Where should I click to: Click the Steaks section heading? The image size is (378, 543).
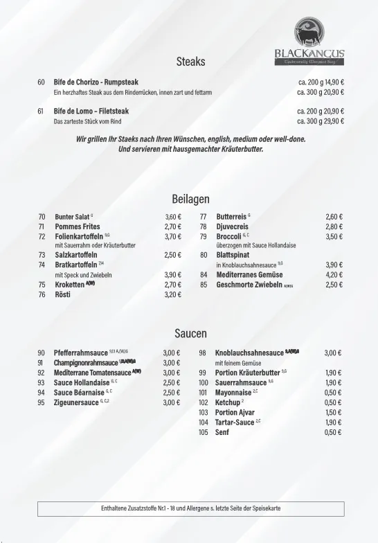[x=190, y=62]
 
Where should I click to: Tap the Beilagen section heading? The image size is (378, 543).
[x=190, y=199]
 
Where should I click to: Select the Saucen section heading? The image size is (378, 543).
[x=190, y=334]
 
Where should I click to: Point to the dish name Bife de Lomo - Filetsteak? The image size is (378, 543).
[x=91, y=111]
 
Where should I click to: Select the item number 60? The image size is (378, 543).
[x=41, y=82]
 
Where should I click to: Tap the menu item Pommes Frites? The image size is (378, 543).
[x=77, y=226]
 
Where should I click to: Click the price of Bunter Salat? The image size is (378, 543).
[x=173, y=216]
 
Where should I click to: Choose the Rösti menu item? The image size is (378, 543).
[x=62, y=294]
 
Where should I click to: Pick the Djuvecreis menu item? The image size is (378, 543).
[x=232, y=226]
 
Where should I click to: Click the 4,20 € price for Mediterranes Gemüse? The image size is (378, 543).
[x=334, y=274]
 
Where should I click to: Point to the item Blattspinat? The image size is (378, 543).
[x=233, y=255]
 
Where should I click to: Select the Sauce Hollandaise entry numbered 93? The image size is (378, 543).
[x=82, y=382]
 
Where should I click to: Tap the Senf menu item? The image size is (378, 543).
[x=222, y=432]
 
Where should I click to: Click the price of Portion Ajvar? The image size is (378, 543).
[x=333, y=412]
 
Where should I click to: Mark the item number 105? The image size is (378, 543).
[x=203, y=432]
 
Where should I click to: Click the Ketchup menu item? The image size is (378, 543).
[x=228, y=402]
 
